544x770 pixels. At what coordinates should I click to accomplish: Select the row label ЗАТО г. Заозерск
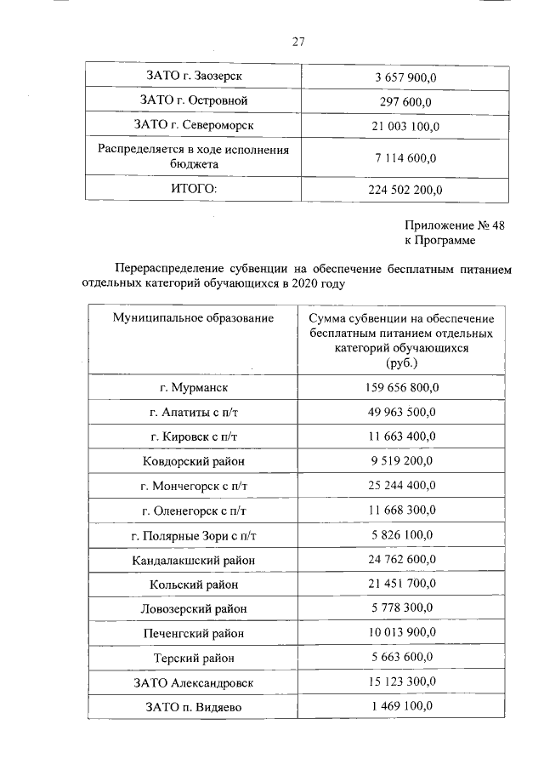pos(194,77)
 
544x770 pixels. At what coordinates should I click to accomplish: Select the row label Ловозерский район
pos(194,609)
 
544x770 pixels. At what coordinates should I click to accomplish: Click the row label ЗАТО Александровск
pos(194,682)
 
